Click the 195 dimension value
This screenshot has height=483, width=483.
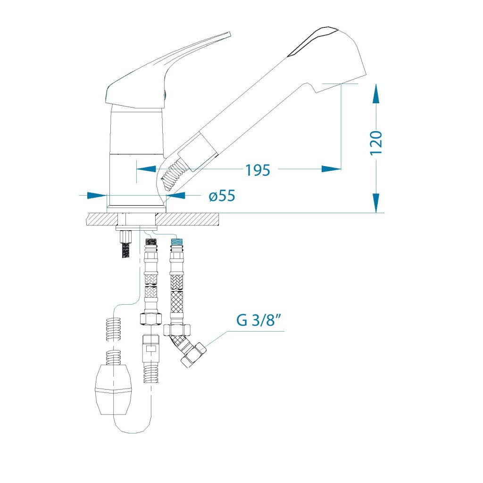click(x=258, y=170)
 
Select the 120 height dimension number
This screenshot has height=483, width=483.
click(x=376, y=142)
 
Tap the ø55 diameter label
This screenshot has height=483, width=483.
click(x=222, y=196)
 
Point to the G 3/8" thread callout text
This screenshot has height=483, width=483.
click(x=259, y=320)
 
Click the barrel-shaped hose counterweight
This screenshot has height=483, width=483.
click(x=114, y=389)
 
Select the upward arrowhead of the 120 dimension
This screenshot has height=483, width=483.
click(x=376, y=94)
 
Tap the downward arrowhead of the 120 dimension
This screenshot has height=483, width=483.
click(x=376, y=203)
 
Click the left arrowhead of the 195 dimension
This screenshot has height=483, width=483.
click(x=146, y=169)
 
